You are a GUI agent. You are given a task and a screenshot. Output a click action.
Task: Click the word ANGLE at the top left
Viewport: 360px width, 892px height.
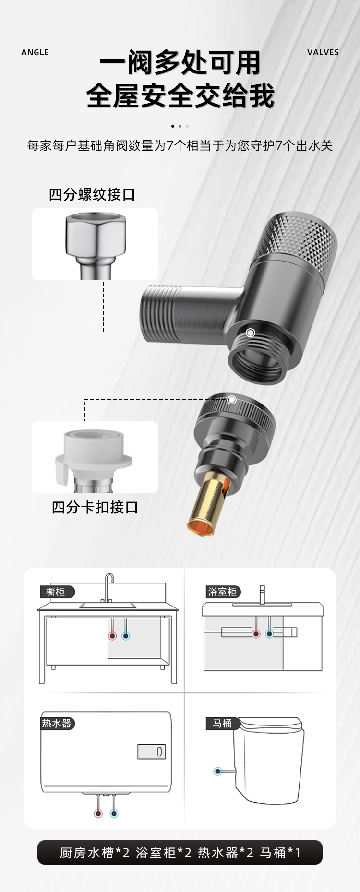[35, 52]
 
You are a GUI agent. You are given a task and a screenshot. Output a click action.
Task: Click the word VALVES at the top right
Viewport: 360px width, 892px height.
[323, 52]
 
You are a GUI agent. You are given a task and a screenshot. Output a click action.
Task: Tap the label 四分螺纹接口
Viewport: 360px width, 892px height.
[92, 194]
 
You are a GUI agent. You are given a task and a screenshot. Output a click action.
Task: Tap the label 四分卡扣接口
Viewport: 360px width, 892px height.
[95, 507]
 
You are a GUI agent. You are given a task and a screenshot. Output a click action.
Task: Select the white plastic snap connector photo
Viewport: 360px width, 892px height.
[94, 457]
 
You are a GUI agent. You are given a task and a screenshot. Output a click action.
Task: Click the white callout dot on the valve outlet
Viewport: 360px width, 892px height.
[251, 333]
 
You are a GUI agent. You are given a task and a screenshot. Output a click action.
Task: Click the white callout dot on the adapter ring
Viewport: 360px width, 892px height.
[232, 400]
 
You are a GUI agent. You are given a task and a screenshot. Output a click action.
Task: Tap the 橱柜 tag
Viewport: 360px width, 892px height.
[57, 592]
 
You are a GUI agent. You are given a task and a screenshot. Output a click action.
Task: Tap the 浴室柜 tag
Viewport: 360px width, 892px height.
[223, 592]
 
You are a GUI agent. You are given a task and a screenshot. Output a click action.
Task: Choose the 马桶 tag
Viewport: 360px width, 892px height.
[222, 723]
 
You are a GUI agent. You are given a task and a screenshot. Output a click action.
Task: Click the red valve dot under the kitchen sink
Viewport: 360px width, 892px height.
[112, 636]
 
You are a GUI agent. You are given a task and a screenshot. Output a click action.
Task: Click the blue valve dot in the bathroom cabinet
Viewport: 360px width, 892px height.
[269, 634]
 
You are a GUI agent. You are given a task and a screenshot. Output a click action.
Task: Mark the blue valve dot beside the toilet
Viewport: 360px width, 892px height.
[218, 772]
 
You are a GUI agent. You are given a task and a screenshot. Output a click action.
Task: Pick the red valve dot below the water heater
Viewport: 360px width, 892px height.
[98, 813]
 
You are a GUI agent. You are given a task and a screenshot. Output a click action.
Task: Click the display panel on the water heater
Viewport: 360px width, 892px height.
[152, 751]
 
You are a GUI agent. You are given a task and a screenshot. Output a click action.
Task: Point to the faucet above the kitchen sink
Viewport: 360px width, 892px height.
[109, 585]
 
